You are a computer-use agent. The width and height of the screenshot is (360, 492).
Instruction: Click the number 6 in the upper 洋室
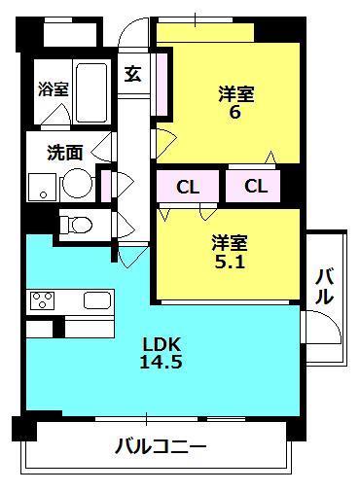coord(234,113)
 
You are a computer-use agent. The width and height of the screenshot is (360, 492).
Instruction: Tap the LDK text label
coord(162,343)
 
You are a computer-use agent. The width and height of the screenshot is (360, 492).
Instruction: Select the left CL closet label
coord(189,186)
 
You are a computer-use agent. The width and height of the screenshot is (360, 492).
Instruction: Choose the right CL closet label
coord(257,186)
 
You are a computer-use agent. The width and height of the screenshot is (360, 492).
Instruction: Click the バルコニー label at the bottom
coord(160,447)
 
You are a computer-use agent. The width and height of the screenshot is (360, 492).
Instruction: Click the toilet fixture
coord(75,225)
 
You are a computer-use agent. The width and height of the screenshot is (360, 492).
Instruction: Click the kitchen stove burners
coord(44,300)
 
